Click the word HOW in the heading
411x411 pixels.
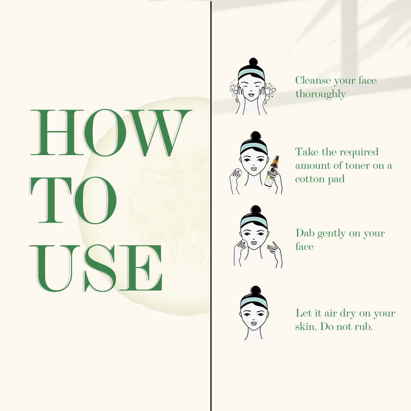pos(111,132)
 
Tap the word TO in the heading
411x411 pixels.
pos(73,200)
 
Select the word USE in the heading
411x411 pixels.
pos(96,268)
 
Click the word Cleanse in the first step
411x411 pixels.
pos(313,80)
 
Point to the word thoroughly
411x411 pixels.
pos(321,94)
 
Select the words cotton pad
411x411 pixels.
pos(320,179)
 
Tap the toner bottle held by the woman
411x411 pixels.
pos(271,171)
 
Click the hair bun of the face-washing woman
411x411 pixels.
pos(253,62)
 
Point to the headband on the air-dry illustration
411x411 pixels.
pos(254,302)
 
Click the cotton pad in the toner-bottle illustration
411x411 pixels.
pos(238,173)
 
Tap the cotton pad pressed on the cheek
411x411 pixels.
pos(242,244)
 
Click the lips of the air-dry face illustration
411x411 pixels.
pos(254,324)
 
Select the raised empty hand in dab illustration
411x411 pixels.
pos(275,253)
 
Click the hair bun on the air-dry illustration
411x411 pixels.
pos(255,291)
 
